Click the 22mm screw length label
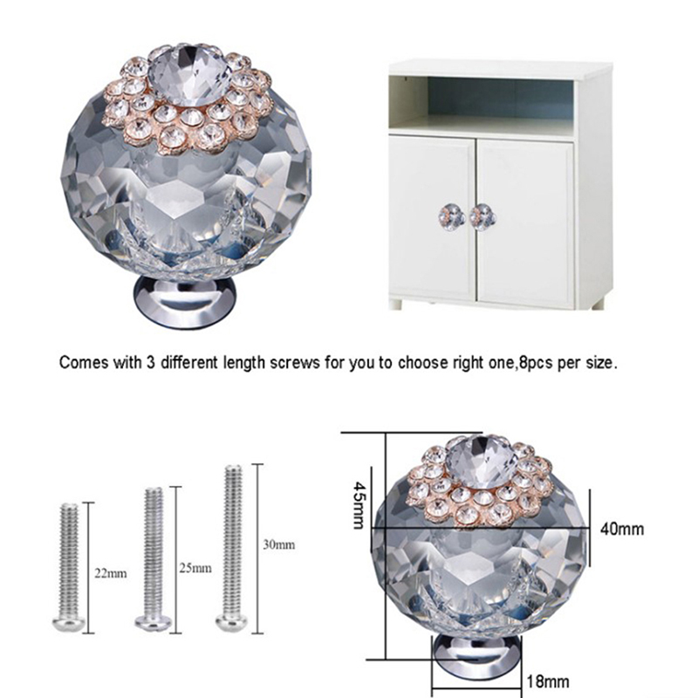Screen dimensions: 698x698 [x=111, y=573]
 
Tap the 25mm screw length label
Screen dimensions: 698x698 [x=195, y=568]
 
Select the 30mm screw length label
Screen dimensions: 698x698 [x=278, y=544]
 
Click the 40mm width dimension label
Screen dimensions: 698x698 [x=622, y=529]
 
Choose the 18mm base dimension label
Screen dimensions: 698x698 [x=548, y=681]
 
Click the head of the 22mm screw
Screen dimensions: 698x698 [x=69, y=623]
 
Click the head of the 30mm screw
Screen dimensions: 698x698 [x=233, y=621]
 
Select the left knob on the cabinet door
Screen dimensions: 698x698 [x=448, y=216]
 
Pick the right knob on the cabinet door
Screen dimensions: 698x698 [x=482, y=216]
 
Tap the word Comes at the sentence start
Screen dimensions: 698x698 [x=84, y=363]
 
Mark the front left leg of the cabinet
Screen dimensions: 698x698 [x=396, y=305]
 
